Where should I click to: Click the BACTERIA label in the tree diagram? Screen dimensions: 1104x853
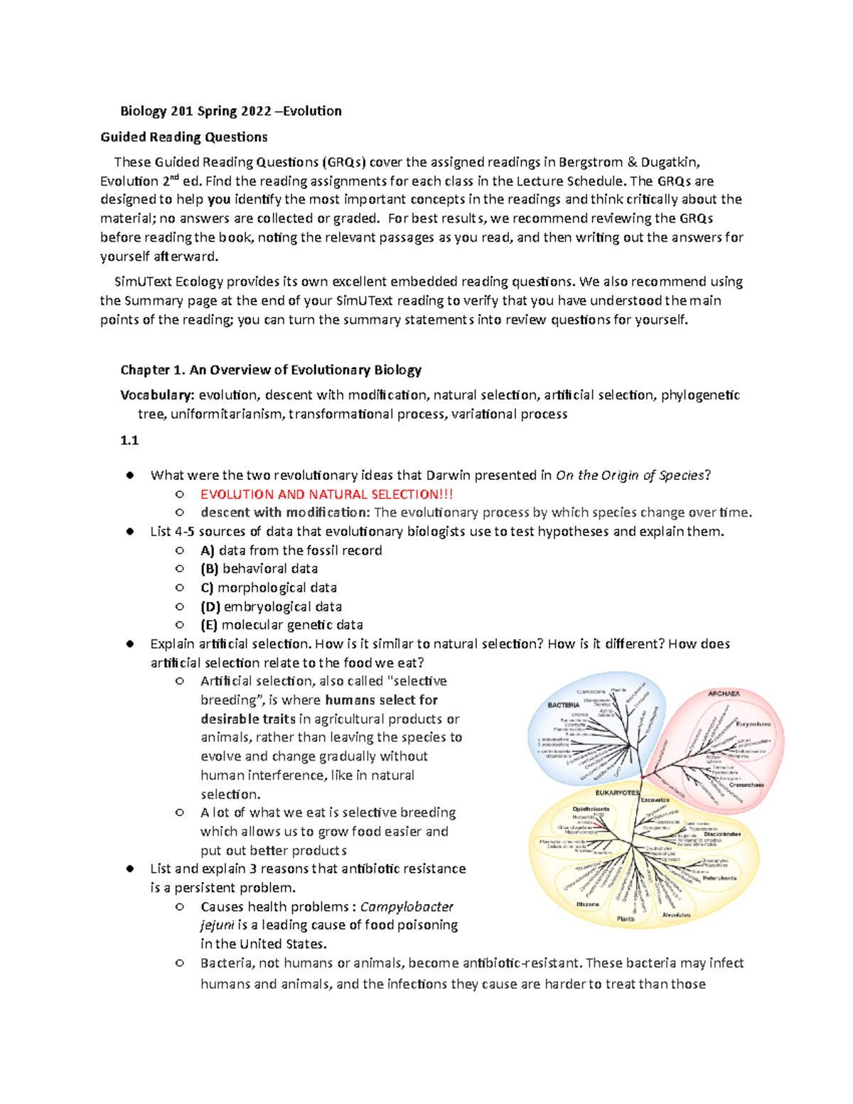pyautogui.click(x=563, y=705)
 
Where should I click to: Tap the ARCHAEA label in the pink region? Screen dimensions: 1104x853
pyautogui.click(x=724, y=693)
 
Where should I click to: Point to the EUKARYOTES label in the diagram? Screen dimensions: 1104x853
pyautogui.click(x=617, y=793)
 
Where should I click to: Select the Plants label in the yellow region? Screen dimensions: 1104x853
pyautogui.click(x=626, y=918)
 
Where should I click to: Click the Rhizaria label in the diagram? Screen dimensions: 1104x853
pyautogui.click(x=587, y=904)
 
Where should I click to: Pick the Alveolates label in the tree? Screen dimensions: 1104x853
pyautogui.click(x=676, y=915)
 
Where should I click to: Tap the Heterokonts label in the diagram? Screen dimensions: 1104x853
pyautogui.click(x=719, y=878)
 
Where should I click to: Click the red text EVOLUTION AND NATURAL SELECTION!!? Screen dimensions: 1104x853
pyautogui.click(x=326, y=494)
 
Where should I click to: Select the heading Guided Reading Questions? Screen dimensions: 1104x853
pyautogui.click(x=184, y=137)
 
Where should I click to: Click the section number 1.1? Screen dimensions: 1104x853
pyautogui.click(x=129, y=440)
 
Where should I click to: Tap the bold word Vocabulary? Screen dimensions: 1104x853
pyautogui.click(x=157, y=395)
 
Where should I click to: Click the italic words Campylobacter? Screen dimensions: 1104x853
pyautogui.click(x=407, y=906)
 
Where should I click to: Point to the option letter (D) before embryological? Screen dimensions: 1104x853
pyautogui.click(x=210, y=606)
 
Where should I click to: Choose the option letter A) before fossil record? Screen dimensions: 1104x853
pyautogui.click(x=208, y=550)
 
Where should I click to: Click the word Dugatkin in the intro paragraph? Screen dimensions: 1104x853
pyautogui.click(x=670, y=162)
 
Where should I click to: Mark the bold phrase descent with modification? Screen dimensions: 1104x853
pyautogui.click(x=284, y=513)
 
